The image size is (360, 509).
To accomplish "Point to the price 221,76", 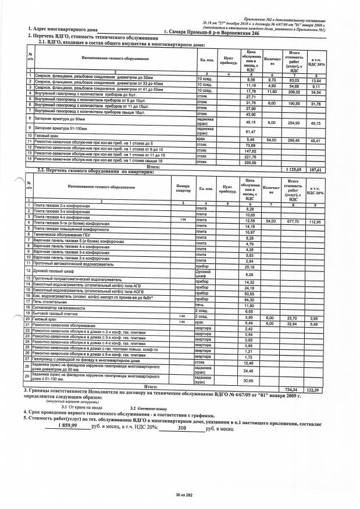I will click(x=251, y=156).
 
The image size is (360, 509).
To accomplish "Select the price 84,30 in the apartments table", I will click(x=251, y=299).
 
